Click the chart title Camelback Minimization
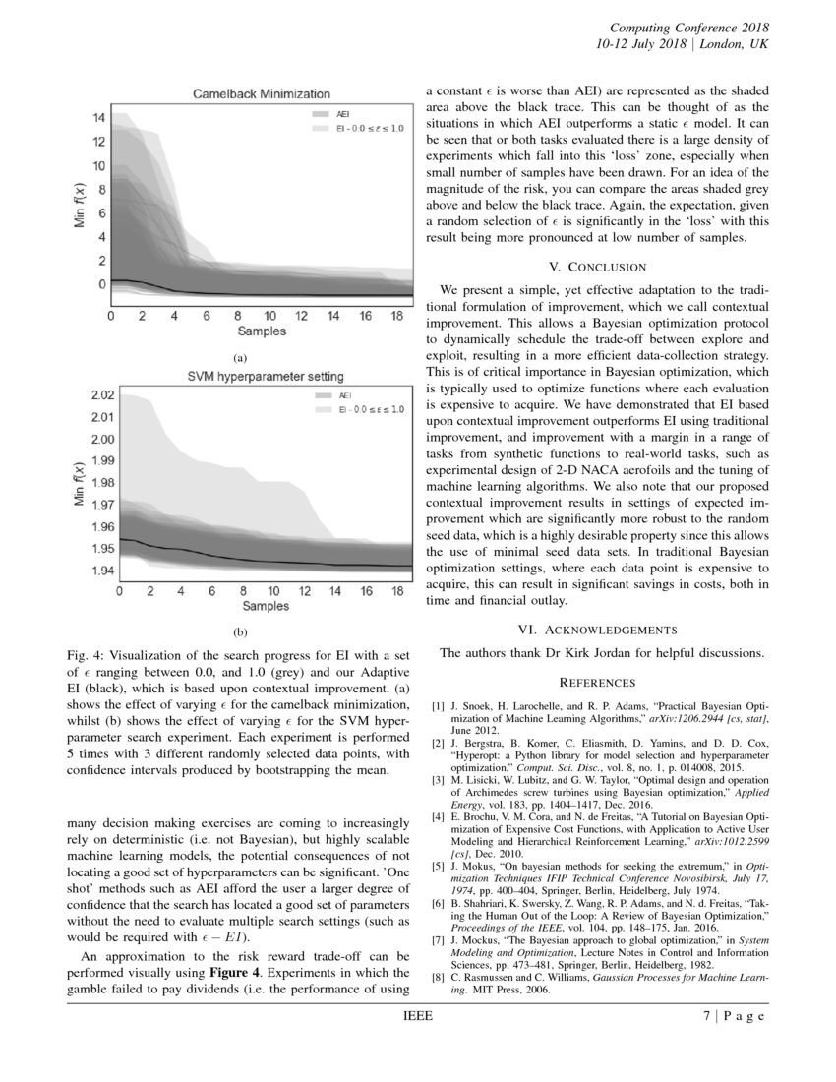coord(261,93)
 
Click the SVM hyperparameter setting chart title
coord(266,376)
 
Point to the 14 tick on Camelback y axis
coord(99,118)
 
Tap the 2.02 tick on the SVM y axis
coord(102,395)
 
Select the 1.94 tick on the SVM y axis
coord(102,571)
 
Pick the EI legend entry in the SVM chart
coord(370,408)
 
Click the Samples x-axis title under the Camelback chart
coord(262,331)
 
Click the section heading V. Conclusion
coord(597,267)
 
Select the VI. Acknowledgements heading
coord(597,630)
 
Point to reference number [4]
coord(439,817)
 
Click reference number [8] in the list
coord(439,979)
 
